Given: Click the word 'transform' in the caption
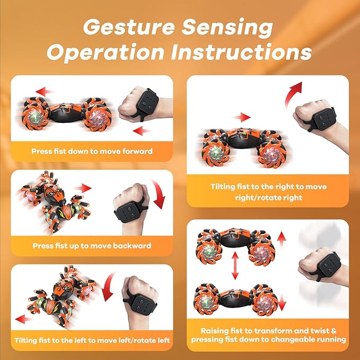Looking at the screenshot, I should pyautogui.click(x=274, y=329).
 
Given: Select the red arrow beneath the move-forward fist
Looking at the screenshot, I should pyautogui.click(x=139, y=130).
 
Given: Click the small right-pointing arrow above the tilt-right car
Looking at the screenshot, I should pyautogui.click(x=243, y=117).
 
